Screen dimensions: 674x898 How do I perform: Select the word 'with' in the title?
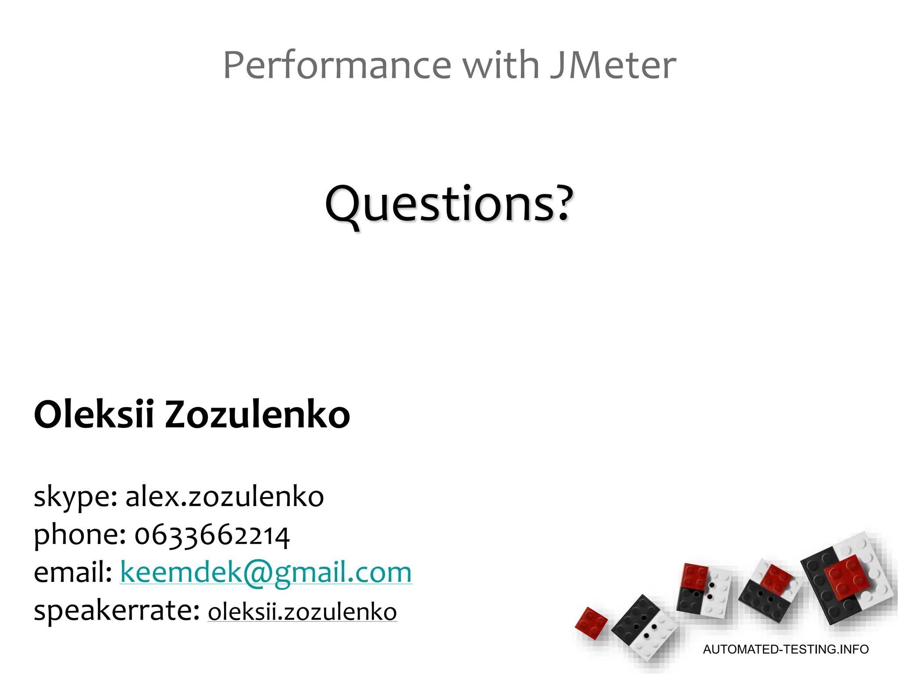500,65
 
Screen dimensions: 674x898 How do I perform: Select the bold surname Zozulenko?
257,414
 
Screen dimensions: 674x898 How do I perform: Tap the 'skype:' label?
75,497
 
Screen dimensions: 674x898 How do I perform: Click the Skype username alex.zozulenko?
224,497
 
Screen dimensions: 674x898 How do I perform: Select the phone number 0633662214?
212,535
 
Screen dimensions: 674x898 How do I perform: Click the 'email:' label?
73,572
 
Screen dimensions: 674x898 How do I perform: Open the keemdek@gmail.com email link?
266,572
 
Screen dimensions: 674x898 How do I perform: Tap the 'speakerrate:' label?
117,611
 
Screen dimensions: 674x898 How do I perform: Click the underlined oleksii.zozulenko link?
302,612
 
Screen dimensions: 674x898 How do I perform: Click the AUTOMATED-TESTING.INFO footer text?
786,649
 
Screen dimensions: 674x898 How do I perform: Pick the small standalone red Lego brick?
591,623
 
